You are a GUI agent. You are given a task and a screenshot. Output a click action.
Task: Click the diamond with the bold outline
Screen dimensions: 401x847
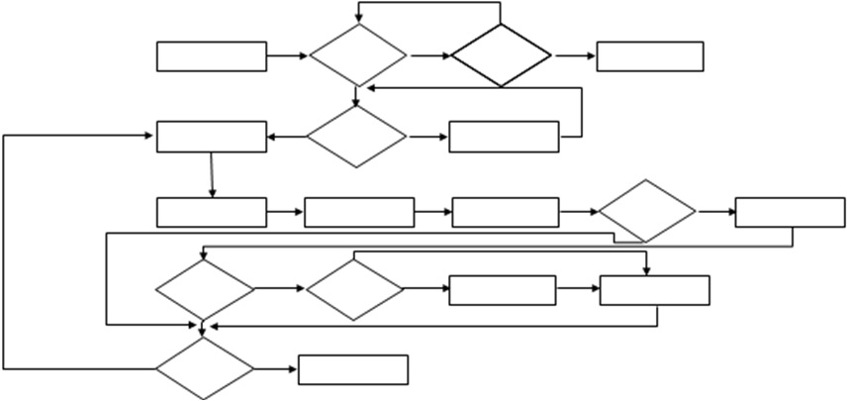(x=501, y=55)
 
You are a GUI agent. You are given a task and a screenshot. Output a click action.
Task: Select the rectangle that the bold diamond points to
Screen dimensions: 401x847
(x=650, y=56)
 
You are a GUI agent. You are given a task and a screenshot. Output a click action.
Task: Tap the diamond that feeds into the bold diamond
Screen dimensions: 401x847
(x=357, y=55)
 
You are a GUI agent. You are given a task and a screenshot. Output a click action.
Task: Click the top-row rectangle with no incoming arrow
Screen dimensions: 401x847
(x=212, y=56)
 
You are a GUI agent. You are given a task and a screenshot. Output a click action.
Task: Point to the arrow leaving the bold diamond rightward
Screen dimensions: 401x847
(x=573, y=56)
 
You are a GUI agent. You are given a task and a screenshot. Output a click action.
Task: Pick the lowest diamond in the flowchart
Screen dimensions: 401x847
(x=204, y=369)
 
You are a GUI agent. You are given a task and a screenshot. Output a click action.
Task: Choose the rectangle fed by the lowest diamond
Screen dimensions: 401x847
(x=353, y=369)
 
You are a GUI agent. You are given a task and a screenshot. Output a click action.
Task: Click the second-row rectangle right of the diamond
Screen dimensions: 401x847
(x=504, y=137)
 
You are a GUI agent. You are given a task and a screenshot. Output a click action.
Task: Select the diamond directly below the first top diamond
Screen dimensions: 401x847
(x=356, y=137)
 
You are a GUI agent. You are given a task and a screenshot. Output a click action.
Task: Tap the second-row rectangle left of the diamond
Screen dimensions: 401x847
(x=212, y=137)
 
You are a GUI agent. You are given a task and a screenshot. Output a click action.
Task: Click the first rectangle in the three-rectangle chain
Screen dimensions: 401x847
(x=212, y=212)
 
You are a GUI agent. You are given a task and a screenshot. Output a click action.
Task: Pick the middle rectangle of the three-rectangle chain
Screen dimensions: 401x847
(x=359, y=212)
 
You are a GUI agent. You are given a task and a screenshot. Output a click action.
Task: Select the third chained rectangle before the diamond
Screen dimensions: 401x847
(x=506, y=212)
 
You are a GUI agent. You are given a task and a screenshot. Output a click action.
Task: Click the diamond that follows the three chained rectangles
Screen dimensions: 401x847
(x=647, y=211)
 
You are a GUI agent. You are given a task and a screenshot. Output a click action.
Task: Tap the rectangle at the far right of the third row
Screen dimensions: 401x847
(x=790, y=213)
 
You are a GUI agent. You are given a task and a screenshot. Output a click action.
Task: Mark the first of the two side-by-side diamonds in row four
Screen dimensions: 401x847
(x=204, y=289)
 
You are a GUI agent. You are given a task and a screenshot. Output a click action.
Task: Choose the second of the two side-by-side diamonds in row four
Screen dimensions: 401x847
(x=354, y=289)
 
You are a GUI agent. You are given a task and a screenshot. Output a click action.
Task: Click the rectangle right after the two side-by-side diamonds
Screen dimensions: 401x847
(x=503, y=290)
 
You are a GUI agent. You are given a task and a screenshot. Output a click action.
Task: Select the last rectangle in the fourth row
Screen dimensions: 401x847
(x=654, y=290)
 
